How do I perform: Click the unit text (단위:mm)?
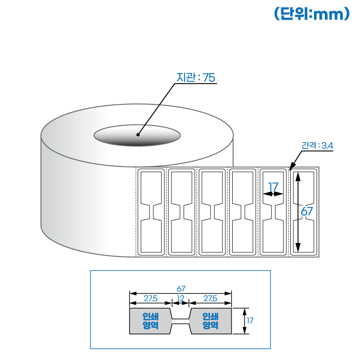click(311, 14)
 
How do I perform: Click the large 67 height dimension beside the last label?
click(307, 211)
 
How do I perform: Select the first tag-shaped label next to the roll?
click(151, 212)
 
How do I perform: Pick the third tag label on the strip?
click(212, 212)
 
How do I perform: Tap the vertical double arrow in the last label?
click(297, 212)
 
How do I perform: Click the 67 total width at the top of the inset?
click(181, 288)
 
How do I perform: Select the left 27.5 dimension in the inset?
click(150, 298)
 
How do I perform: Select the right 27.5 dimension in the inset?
click(210, 298)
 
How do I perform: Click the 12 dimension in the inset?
click(180, 298)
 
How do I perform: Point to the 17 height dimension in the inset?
click(251, 321)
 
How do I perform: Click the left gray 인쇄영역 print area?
click(149, 321)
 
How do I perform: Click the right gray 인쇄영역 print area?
click(211, 321)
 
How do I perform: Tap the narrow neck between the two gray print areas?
click(180, 321)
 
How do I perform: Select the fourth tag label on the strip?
click(243, 212)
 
